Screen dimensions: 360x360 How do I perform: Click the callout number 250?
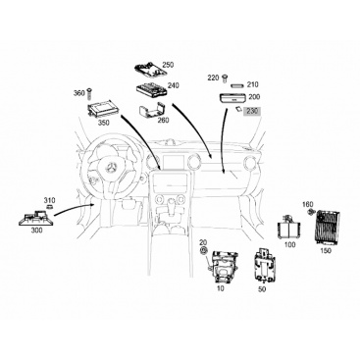tap(168, 65)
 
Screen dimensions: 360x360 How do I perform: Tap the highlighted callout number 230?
tap(252, 112)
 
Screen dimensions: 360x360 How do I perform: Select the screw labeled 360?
tap(89, 94)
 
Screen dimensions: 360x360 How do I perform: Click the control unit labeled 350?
tap(101, 108)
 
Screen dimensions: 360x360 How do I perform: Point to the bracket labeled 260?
tap(152, 111)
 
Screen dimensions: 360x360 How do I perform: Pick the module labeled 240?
tap(152, 90)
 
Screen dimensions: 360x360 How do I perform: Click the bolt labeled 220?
tap(225, 78)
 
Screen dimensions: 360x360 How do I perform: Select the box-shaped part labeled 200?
tap(231, 98)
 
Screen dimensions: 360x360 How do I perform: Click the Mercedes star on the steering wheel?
tap(111, 169)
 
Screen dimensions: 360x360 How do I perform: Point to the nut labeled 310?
tap(50, 207)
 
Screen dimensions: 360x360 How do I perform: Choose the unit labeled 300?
tap(35, 218)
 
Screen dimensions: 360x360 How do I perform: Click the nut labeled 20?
tap(203, 250)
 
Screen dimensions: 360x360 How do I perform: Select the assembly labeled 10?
tap(224, 267)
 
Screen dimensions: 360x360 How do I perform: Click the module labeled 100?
tap(288, 229)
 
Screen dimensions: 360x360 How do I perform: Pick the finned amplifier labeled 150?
tap(328, 229)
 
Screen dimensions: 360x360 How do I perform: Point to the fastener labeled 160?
tap(311, 213)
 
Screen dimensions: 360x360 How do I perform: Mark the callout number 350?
tap(104, 124)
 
